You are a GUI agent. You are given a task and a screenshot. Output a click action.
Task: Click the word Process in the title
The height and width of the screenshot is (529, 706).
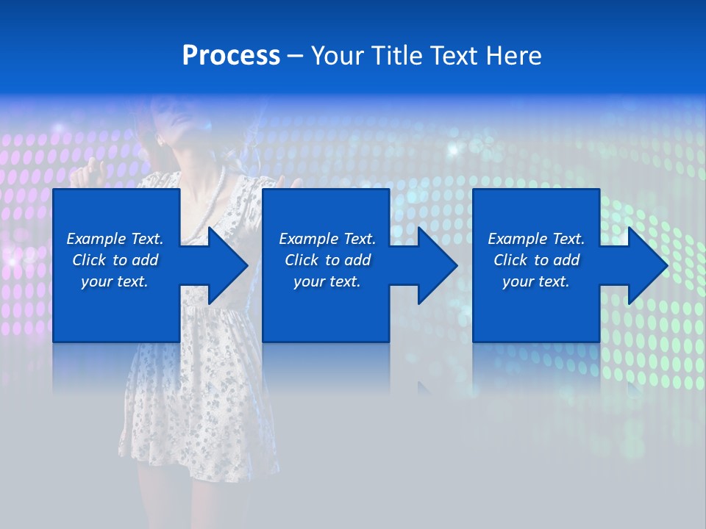pyautogui.click(x=231, y=56)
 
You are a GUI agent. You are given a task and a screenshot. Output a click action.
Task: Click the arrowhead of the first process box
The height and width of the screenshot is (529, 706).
pyautogui.click(x=228, y=265)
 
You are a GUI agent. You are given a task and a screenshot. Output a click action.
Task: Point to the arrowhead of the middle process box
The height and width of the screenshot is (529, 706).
pyautogui.click(x=438, y=265)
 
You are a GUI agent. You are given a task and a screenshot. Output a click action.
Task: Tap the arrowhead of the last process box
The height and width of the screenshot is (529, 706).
pyautogui.click(x=648, y=265)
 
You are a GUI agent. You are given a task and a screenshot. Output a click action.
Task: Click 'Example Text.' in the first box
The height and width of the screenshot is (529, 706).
pyautogui.click(x=115, y=239)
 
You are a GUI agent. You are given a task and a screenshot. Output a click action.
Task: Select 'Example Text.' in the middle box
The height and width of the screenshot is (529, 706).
pyautogui.click(x=327, y=239)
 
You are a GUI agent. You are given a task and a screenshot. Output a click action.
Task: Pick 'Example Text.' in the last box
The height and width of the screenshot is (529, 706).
pyautogui.click(x=536, y=239)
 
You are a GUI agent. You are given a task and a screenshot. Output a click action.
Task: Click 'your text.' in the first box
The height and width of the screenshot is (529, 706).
pyautogui.click(x=115, y=281)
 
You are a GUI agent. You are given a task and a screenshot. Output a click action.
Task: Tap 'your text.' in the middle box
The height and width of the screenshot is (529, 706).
pyautogui.click(x=327, y=281)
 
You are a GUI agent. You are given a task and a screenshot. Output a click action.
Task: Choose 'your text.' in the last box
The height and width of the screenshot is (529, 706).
pyautogui.click(x=536, y=281)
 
